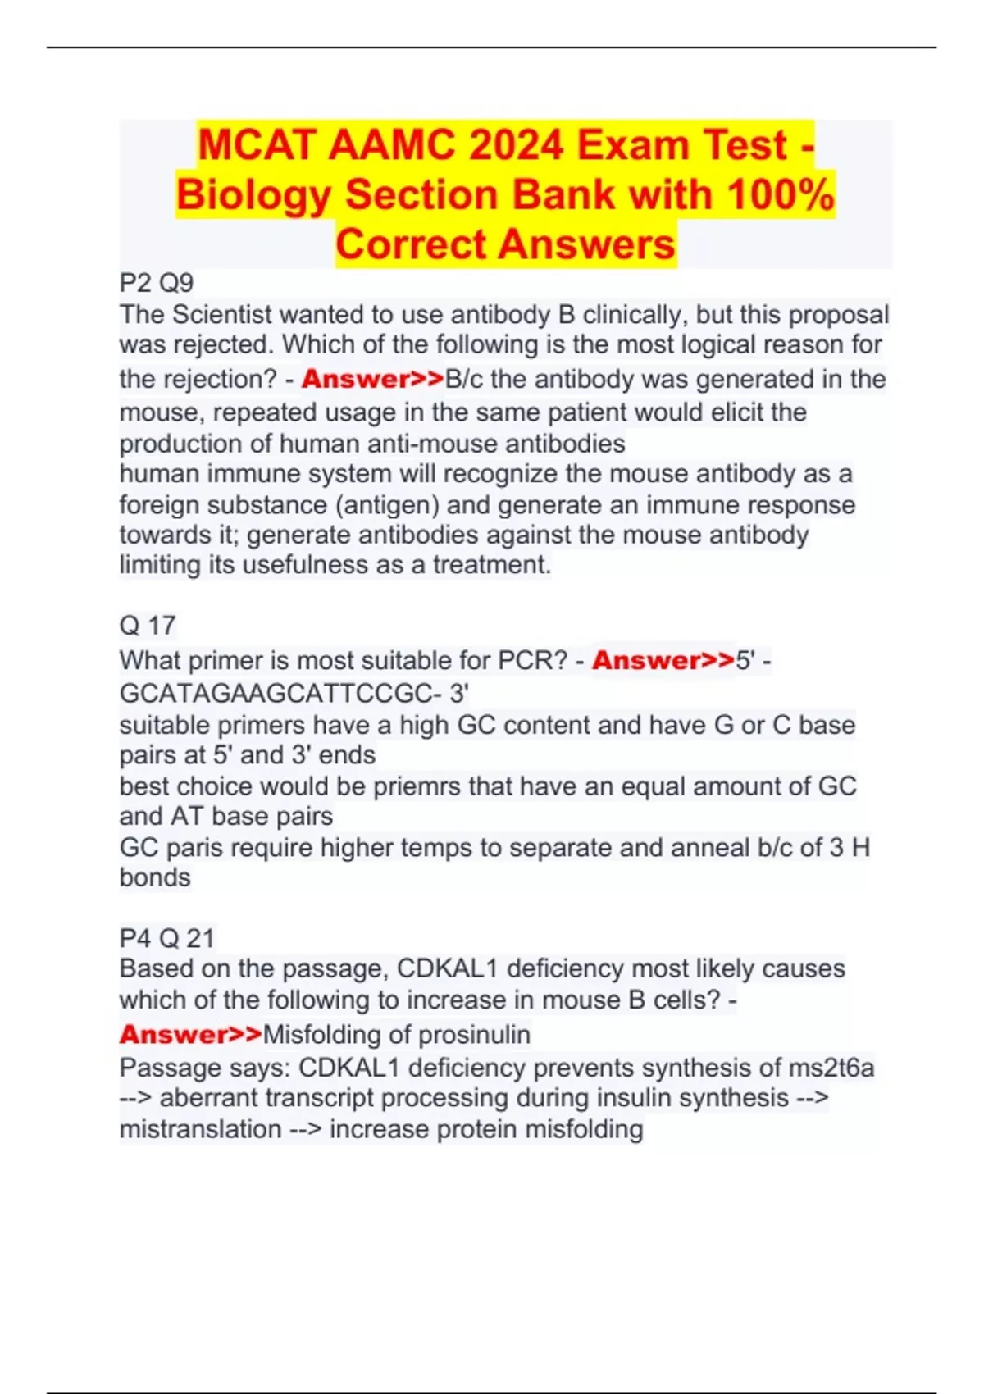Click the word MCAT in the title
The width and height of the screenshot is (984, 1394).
[257, 146]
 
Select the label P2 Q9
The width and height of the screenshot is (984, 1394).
[157, 284]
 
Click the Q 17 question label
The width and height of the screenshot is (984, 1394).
[148, 626]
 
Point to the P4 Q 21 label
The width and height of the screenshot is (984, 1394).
[167, 938]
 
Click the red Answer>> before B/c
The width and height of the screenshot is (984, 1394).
[372, 380]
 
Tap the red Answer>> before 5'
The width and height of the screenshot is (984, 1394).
[663, 661]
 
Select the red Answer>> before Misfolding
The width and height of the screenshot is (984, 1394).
[190, 1035]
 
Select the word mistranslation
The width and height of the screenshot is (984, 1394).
[200, 1129]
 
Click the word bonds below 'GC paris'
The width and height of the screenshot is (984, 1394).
[155, 877]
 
